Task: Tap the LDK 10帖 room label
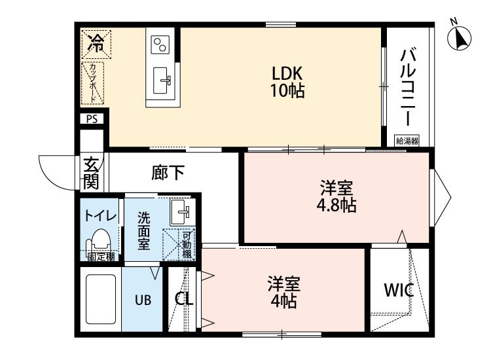click(x=287, y=81)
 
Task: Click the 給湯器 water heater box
click(x=407, y=140)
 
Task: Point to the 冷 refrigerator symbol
click(x=96, y=44)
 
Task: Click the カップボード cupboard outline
click(x=93, y=82)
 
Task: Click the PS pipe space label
click(x=92, y=120)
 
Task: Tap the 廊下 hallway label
click(x=168, y=172)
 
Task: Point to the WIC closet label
click(x=398, y=290)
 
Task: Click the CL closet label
click(x=183, y=298)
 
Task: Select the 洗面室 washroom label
click(x=143, y=229)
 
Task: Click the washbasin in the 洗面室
click(x=180, y=211)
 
